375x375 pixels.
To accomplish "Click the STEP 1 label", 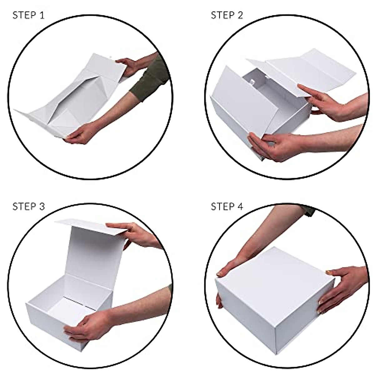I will pos(28,15).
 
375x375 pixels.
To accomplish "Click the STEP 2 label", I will pos(227,15).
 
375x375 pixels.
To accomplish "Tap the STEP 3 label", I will pos(28,207).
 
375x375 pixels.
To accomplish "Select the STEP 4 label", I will pos(227,207).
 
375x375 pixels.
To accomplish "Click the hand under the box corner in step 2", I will pos(272,147).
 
